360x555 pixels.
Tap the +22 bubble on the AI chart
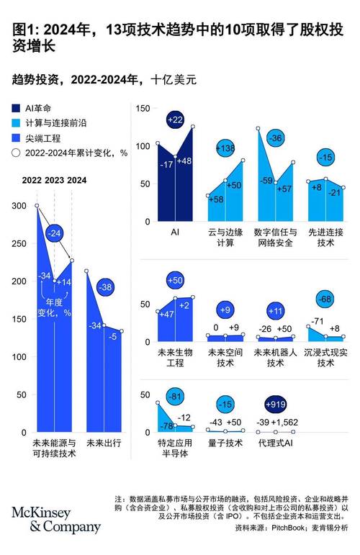pos(175,119)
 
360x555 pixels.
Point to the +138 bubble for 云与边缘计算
pos(226,148)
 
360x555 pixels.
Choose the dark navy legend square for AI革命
pos(16,106)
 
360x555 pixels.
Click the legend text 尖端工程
pos(44,137)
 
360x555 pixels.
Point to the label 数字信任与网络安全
pos(276,238)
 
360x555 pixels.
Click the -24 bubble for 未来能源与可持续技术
pos(54,234)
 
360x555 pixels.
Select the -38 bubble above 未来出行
pos(105,287)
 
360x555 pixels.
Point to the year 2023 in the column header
pos(55,180)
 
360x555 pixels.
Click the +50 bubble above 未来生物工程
pos(175,279)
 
